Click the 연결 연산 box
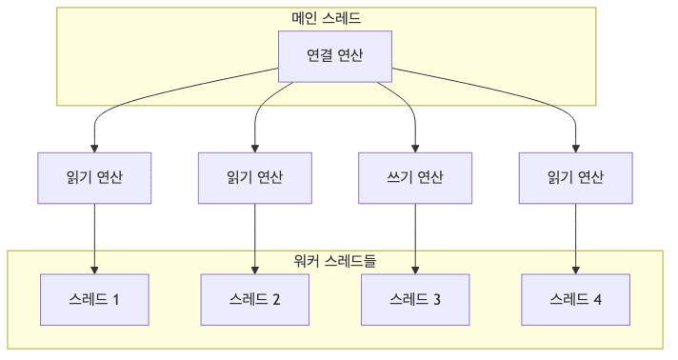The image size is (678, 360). point(334,56)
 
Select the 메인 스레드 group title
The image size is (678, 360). point(326,18)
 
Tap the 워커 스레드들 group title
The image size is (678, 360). point(334,260)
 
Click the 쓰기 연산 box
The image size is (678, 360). point(415,177)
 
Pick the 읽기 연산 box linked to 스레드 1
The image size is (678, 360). point(94,177)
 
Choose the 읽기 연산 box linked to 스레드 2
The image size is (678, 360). point(255,177)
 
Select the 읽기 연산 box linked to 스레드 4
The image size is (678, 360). point(575,177)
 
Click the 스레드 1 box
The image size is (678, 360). point(94,299)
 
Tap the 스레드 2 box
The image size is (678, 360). point(255,299)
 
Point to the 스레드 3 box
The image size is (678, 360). point(415,299)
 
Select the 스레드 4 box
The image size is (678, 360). point(575,299)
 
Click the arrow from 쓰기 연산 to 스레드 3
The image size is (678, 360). point(415,238)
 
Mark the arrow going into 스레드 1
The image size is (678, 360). point(94,238)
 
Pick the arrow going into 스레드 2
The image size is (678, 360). point(255,238)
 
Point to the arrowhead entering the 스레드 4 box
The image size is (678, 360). point(575,270)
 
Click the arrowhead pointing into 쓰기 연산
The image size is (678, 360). point(415,148)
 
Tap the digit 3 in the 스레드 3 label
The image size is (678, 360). point(437,300)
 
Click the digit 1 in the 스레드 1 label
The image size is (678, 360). point(116,300)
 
